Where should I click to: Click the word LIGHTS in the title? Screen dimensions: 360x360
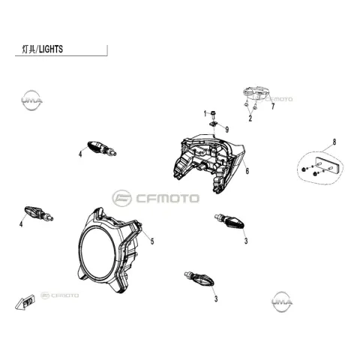[x=51, y=49]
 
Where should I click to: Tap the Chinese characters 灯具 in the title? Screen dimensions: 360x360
[x=28, y=49]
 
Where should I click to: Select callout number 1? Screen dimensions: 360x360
[x=205, y=114]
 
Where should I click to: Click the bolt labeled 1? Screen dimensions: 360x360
[x=213, y=115]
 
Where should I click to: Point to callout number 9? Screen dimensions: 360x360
[x=227, y=130]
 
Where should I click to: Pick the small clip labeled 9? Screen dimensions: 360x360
[x=213, y=124]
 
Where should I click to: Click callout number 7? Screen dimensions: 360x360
[x=273, y=106]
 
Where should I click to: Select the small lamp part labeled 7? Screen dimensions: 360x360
[x=256, y=92]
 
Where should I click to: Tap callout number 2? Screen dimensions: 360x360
[x=250, y=118]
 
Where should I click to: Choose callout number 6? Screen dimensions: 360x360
[x=247, y=171]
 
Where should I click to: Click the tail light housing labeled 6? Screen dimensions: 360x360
[x=208, y=163]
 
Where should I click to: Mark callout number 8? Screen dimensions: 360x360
[x=334, y=142]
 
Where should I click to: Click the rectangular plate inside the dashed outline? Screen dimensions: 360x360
[x=327, y=165]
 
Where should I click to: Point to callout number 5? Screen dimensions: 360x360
[x=152, y=241]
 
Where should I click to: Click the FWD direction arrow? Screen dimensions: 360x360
[x=25, y=302]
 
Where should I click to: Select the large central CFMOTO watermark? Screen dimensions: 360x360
[x=155, y=198]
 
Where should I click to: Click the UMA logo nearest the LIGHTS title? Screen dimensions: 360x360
[x=31, y=100]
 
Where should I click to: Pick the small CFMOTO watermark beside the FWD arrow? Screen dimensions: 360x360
[x=59, y=295]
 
